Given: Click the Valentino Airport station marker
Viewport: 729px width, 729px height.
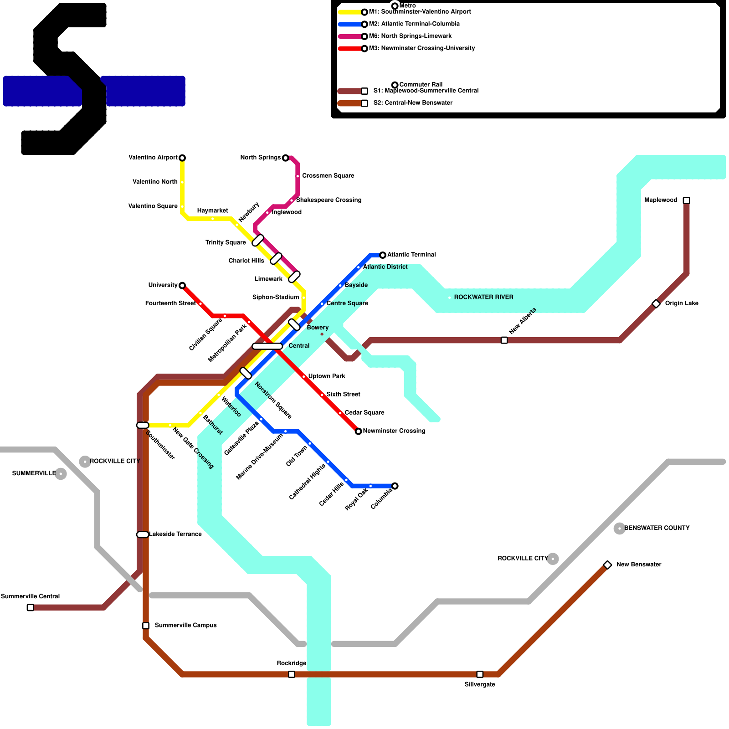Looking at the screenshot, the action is point(182,158).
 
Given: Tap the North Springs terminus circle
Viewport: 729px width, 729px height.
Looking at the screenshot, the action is point(286,158).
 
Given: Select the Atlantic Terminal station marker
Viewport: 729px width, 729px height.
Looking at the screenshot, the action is point(383,255).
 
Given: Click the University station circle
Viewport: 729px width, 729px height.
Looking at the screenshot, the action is point(182,286).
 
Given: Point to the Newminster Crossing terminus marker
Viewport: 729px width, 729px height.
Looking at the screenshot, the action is point(359,431).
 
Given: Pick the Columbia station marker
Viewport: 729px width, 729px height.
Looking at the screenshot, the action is point(395,486).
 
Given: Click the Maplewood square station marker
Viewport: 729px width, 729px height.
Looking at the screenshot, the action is point(687,200).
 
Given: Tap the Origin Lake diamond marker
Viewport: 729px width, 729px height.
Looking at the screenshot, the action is point(656,303).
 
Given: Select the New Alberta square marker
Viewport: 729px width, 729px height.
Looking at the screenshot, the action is point(504,340).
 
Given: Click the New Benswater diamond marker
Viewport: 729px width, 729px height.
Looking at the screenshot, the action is point(607,565).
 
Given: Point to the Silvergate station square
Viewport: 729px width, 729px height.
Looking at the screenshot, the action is point(480,674).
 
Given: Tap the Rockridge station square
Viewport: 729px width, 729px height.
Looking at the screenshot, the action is point(292,674).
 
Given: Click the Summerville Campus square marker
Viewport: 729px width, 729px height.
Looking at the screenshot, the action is point(146,626).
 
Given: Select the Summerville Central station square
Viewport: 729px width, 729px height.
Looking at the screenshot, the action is point(30,607).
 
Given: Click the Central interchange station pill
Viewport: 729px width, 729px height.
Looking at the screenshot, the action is point(267,346).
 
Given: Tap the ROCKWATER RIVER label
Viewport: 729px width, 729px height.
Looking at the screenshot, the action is point(483,297).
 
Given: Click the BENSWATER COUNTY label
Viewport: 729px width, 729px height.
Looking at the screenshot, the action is point(657,528).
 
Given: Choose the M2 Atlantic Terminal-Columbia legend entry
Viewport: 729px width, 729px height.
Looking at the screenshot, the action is point(414,24).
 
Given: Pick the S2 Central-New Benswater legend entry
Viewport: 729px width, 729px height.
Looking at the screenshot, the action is point(412,103).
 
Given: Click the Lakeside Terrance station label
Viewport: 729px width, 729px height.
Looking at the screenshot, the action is point(175,534).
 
